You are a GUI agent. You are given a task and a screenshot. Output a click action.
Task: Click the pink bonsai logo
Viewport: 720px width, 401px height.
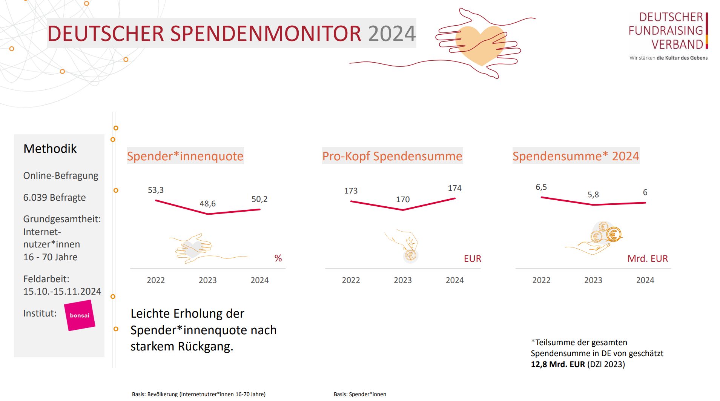80,315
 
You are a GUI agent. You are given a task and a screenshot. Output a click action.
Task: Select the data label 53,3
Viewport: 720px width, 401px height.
156,190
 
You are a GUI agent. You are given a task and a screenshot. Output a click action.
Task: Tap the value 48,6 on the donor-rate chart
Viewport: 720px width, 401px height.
207,204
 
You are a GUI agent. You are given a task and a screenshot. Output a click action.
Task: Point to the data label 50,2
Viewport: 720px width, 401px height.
259,199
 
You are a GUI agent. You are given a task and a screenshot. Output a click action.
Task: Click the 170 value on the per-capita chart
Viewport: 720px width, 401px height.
403,200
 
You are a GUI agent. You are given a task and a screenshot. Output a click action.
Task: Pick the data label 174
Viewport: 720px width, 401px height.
454,188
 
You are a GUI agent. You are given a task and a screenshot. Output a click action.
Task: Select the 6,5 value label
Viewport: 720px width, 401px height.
541,187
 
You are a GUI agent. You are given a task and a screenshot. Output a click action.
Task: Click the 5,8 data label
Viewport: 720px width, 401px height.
593,195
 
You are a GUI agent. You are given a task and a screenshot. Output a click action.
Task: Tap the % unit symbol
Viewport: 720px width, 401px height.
278,258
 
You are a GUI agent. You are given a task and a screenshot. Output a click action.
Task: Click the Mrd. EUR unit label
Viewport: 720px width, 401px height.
648,259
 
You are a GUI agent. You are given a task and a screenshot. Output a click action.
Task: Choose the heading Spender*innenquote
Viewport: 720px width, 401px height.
185,156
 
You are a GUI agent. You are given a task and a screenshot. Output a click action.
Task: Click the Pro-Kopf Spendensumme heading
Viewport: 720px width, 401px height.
392,156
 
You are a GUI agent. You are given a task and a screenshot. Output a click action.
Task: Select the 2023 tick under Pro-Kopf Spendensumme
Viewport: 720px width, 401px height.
403,280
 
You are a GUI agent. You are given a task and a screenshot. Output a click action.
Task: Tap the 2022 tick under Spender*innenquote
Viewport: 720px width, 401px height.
156,280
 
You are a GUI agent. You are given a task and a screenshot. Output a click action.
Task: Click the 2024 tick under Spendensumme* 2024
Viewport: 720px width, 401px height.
645,280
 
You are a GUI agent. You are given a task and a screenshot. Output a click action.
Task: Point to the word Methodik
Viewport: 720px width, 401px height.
50,149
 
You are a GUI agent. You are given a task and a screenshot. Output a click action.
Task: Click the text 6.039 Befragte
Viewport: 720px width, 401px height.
55,197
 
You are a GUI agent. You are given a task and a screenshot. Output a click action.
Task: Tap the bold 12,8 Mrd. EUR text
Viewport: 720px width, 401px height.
558,364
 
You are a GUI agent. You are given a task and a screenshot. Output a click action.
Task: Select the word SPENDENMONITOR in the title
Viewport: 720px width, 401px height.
266,34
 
